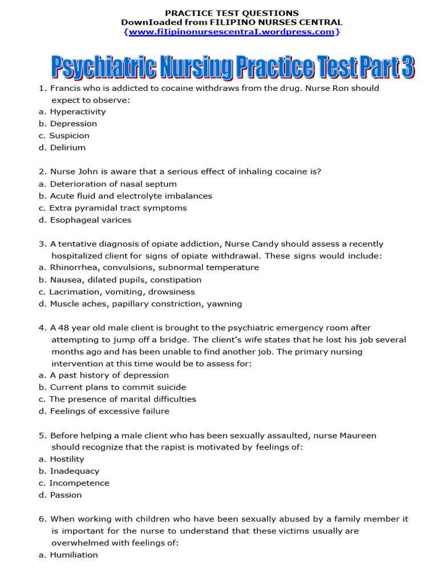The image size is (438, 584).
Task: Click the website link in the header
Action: (x=232, y=32)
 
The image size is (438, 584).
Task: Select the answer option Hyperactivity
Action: (x=78, y=112)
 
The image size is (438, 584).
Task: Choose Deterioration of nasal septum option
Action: (x=113, y=184)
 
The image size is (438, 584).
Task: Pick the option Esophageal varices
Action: (x=90, y=220)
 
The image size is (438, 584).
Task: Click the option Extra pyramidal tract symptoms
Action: (x=117, y=208)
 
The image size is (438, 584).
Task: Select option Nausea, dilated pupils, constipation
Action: (x=125, y=280)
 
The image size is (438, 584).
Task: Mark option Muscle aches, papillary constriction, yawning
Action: (x=145, y=304)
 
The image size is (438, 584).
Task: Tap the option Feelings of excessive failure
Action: (x=109, y=411)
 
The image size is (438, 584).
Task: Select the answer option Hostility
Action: (x=67, y=459)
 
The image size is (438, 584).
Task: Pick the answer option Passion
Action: (x=66, y=495)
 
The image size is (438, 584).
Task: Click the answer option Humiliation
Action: (x=74, y=555)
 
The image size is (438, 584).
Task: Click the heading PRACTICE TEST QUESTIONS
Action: (x=232, y=13)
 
